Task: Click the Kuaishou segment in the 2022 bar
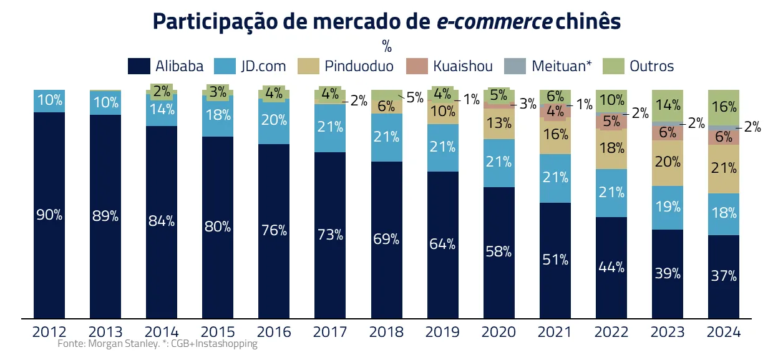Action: point(611,122)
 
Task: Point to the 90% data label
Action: point(49,215)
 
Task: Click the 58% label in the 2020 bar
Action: point(498,252)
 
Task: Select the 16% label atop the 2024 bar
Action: point(724,107)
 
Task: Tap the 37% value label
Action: point(724,276)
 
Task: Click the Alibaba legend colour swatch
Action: point(139,66)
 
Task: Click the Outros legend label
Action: point(651,66)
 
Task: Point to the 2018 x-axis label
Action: point(386,332)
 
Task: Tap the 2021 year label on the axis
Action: point(555,332)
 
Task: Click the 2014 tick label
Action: point(162,332)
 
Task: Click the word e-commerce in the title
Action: point(493,21)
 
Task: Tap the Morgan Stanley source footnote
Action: point(157,344)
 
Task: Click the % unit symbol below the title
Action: point(386,46)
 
